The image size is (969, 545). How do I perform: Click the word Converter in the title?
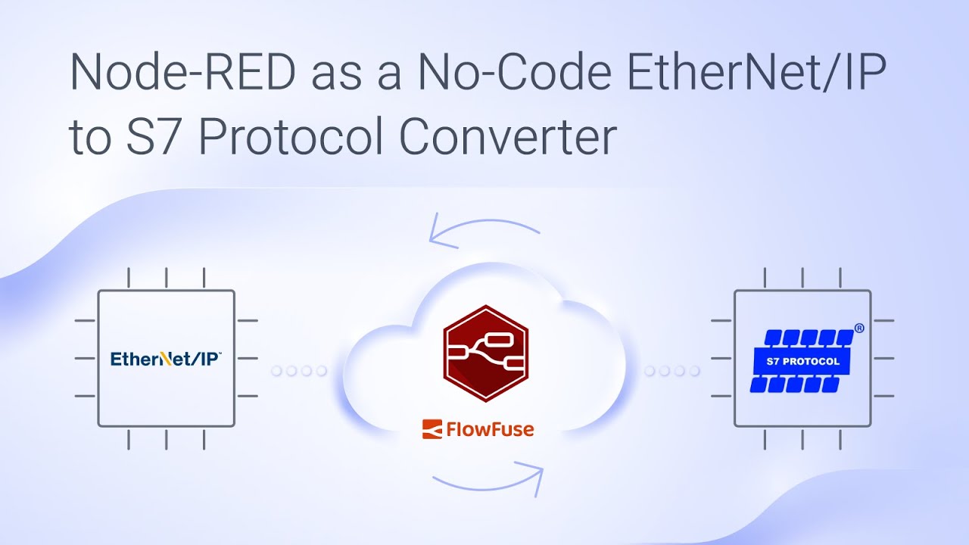[508, 137]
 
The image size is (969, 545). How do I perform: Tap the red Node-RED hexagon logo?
[485, 353]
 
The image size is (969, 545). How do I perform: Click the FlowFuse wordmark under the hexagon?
[489, 430]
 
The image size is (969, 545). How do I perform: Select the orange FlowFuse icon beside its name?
[432, 429]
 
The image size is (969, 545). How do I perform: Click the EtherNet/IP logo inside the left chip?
[166, 358]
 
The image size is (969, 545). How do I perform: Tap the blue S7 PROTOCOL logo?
[803, 360]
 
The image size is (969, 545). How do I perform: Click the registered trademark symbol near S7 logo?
[859, 329]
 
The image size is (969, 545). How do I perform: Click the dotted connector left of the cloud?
[298, 371]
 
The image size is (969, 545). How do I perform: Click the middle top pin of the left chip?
[166, 278]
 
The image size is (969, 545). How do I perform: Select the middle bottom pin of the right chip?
[802, 439]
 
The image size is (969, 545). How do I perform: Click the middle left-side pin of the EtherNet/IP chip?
[85, 358]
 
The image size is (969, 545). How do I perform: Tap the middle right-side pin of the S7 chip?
[883, 358]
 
